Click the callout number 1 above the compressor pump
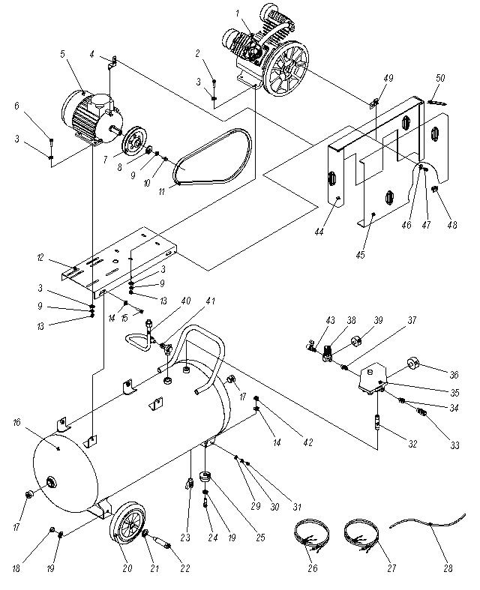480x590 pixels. pos(237,13)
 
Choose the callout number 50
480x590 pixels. pos(440,79)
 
